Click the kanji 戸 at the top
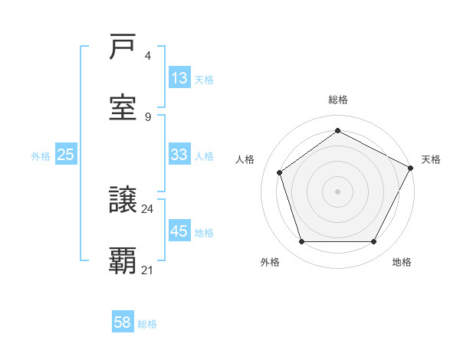pos(123,47)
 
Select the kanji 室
pos(123,106)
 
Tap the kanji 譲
pos(123,201)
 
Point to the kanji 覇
pos(123,260)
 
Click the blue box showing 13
pos(179,78)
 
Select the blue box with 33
pos(179,155)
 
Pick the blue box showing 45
pos(179,231)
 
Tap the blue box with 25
pos(66,155)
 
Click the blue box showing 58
pos(123,322)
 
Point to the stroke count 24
pos(148,208)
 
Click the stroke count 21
pos(148,270)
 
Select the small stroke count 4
pos(148,56)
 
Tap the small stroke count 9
pos(148,116)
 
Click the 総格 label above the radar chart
pos(338,100)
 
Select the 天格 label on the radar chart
pos(431,159)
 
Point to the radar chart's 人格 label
pos(245,159)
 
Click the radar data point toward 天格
pos(412,167)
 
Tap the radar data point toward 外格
pos(301,242)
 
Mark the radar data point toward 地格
pos(374,242)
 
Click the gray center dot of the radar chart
pos(338,191)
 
